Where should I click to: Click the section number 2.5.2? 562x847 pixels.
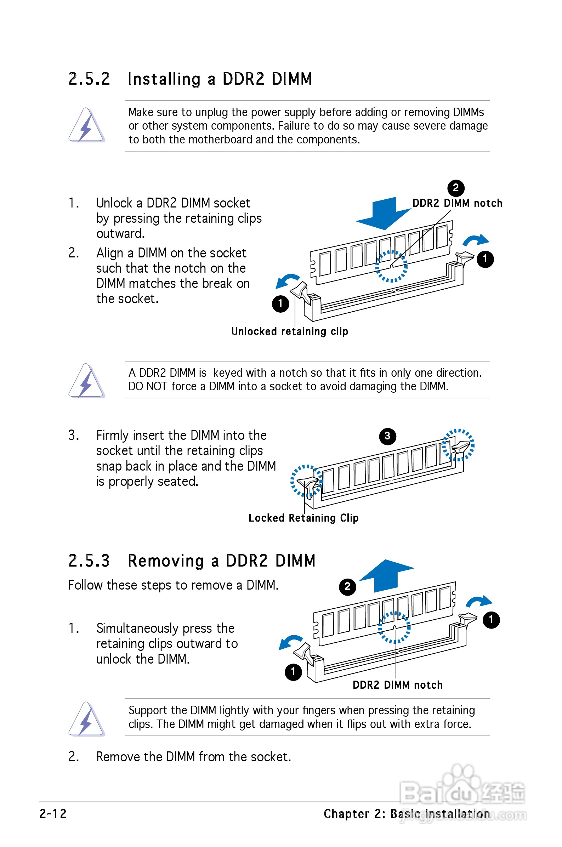point(89,79)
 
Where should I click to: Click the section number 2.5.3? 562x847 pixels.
point(89,561)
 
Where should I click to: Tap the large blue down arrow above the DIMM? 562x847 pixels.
point(383,213)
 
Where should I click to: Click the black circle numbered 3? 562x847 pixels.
point(387,436)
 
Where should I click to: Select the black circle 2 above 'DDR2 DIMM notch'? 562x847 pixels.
point(456,188)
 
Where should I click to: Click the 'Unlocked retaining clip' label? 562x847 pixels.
point(290,331)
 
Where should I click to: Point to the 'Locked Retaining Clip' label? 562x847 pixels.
point(303,518)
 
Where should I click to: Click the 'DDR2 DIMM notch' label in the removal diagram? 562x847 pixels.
point(397,685)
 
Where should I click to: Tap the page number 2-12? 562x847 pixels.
point(53,814)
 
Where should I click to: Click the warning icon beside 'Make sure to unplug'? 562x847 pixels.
point(87,125)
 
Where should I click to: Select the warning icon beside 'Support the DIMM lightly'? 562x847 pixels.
point(87,719)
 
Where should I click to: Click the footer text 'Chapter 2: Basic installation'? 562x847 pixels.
point(407,814)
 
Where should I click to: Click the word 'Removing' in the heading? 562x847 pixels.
point(166,561)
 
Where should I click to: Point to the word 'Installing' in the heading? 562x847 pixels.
point(164,79)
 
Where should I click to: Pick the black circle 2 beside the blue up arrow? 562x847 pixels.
point(347,587)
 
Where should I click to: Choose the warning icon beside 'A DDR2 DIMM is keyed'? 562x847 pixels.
point(87,381)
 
